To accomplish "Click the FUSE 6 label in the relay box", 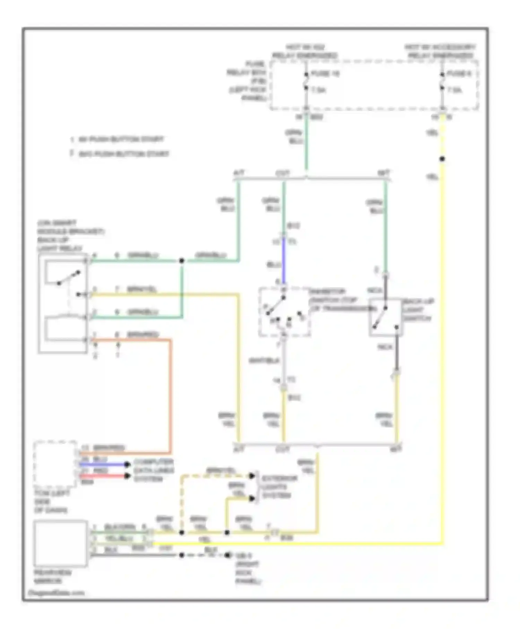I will [x=459, y=74].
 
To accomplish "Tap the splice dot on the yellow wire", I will [x=442, y=159].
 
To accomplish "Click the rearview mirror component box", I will [x=60, y=543].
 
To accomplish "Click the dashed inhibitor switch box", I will [x=284, y=311].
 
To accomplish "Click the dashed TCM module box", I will [x=55, y=464].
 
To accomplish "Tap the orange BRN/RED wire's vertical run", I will [x=170, y=395].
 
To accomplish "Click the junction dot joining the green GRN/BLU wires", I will [x=181, y=261].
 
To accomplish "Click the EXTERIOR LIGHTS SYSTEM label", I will [x=279, y=487].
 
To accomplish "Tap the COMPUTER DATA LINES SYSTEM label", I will [x=154, y=471].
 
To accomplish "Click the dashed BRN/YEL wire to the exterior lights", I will [x=181, y=499].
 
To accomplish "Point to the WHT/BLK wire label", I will [x=264, y=361].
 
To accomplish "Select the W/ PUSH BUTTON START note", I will [x=121, y=140].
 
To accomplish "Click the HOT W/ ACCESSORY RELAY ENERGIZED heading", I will [x=440, y=51].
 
